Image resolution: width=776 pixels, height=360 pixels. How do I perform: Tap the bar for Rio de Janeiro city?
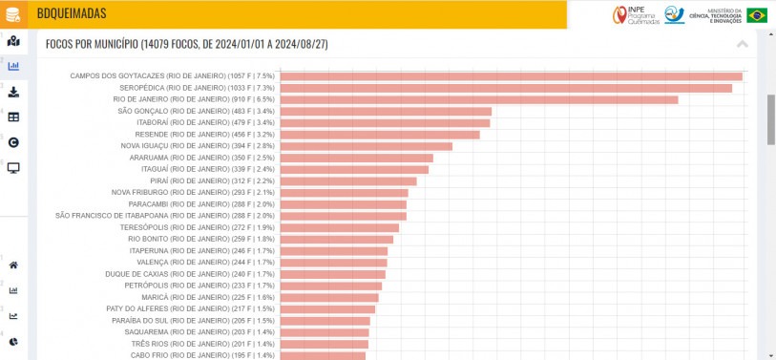click(x=478, y=99)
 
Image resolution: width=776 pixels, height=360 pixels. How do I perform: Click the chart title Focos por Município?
click(x=187, y=44)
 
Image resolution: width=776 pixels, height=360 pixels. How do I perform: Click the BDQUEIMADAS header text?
click(x=72, y=13)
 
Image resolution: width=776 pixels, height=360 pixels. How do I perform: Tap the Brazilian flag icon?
click(x=757, y=14)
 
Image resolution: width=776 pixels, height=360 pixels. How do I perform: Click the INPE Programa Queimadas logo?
click(x=636, y=14)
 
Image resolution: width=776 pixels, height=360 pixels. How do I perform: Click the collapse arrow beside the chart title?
click(x=743, y=44)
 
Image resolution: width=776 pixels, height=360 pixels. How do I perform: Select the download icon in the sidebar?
click(x=13, y=92)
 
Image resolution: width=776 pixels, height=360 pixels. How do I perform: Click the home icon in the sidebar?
click(x=13, y=265)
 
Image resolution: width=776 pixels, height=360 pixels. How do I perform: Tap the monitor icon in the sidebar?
click(x=13, y=168)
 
